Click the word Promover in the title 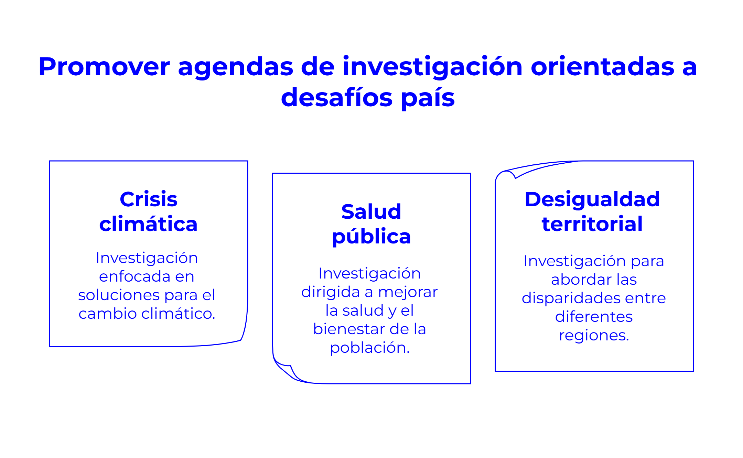point(104,66)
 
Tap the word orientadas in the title point(602,66)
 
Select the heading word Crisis point(149,199)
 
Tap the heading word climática point(149,224)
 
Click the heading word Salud point(371,211)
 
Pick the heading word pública point(371,237)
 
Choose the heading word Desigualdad point(592,199)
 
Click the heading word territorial point(592,224)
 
